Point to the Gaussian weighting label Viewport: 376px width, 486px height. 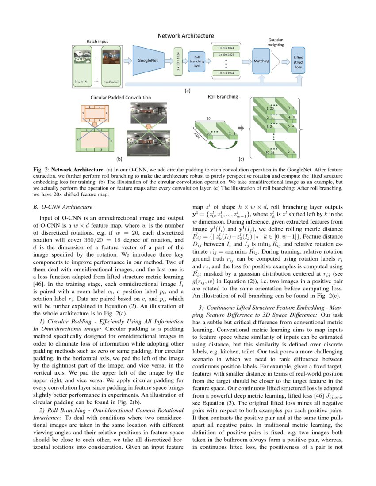pos(276,42)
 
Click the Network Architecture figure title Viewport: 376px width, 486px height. pos(186,36)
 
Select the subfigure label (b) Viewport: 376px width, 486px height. pos(119,158)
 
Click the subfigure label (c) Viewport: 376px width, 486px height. pos(241,158)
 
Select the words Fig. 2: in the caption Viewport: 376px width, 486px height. pos(41,169)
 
